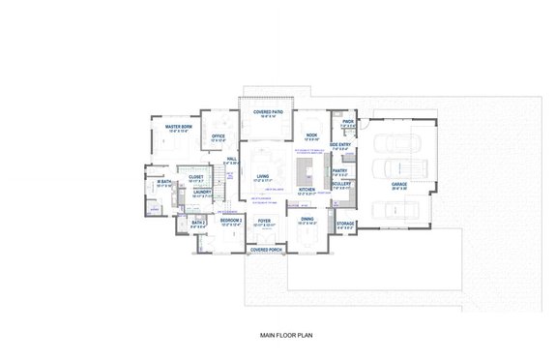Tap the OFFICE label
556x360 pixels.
pyautogui.click(x=219, y=136)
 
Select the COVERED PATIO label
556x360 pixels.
pyautogui.click(x=267, y=112)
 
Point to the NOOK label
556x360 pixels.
pyautogui.click(x=312, y=135)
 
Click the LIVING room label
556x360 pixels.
pyautogui.click(x=260, y=176)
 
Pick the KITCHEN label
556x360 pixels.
pyautogui.click(x=308, y=190)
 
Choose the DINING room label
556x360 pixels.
pyautogui.click(x=307, y=219)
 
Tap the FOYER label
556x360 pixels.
pyautogui.click(x=263, y=220)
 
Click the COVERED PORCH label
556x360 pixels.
pyautogui.click(x=265, y=249)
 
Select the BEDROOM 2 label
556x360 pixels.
pyautogui.click(x=229, y=221)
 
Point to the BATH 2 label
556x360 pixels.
pyautogui.click(x=198, y=223)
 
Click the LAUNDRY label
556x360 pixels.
pyautogui.click(x=202, y=192)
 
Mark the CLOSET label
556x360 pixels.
pyautogui.click(x=196, y=177)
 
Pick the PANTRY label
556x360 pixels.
pyautogui.click(x=339, y=170)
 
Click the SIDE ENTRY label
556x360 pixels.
pyautogui.click(x=340, y=144)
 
